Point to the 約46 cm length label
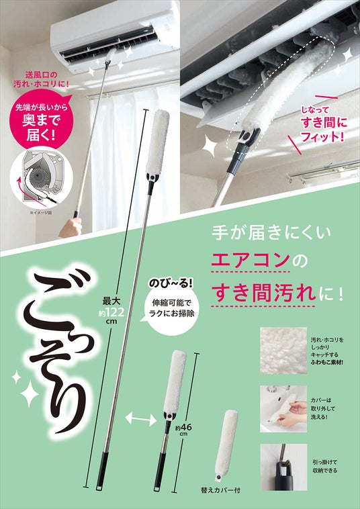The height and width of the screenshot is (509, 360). [183, 430]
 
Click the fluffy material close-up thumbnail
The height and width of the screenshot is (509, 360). [283, 351]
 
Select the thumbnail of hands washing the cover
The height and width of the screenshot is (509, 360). [283, 409]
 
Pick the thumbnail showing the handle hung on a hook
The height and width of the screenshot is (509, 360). [283, 467]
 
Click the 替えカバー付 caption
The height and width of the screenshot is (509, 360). [221, 490]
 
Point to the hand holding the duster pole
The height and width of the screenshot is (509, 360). [71, 226]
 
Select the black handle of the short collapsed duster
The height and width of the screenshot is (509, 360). [160, 471]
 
